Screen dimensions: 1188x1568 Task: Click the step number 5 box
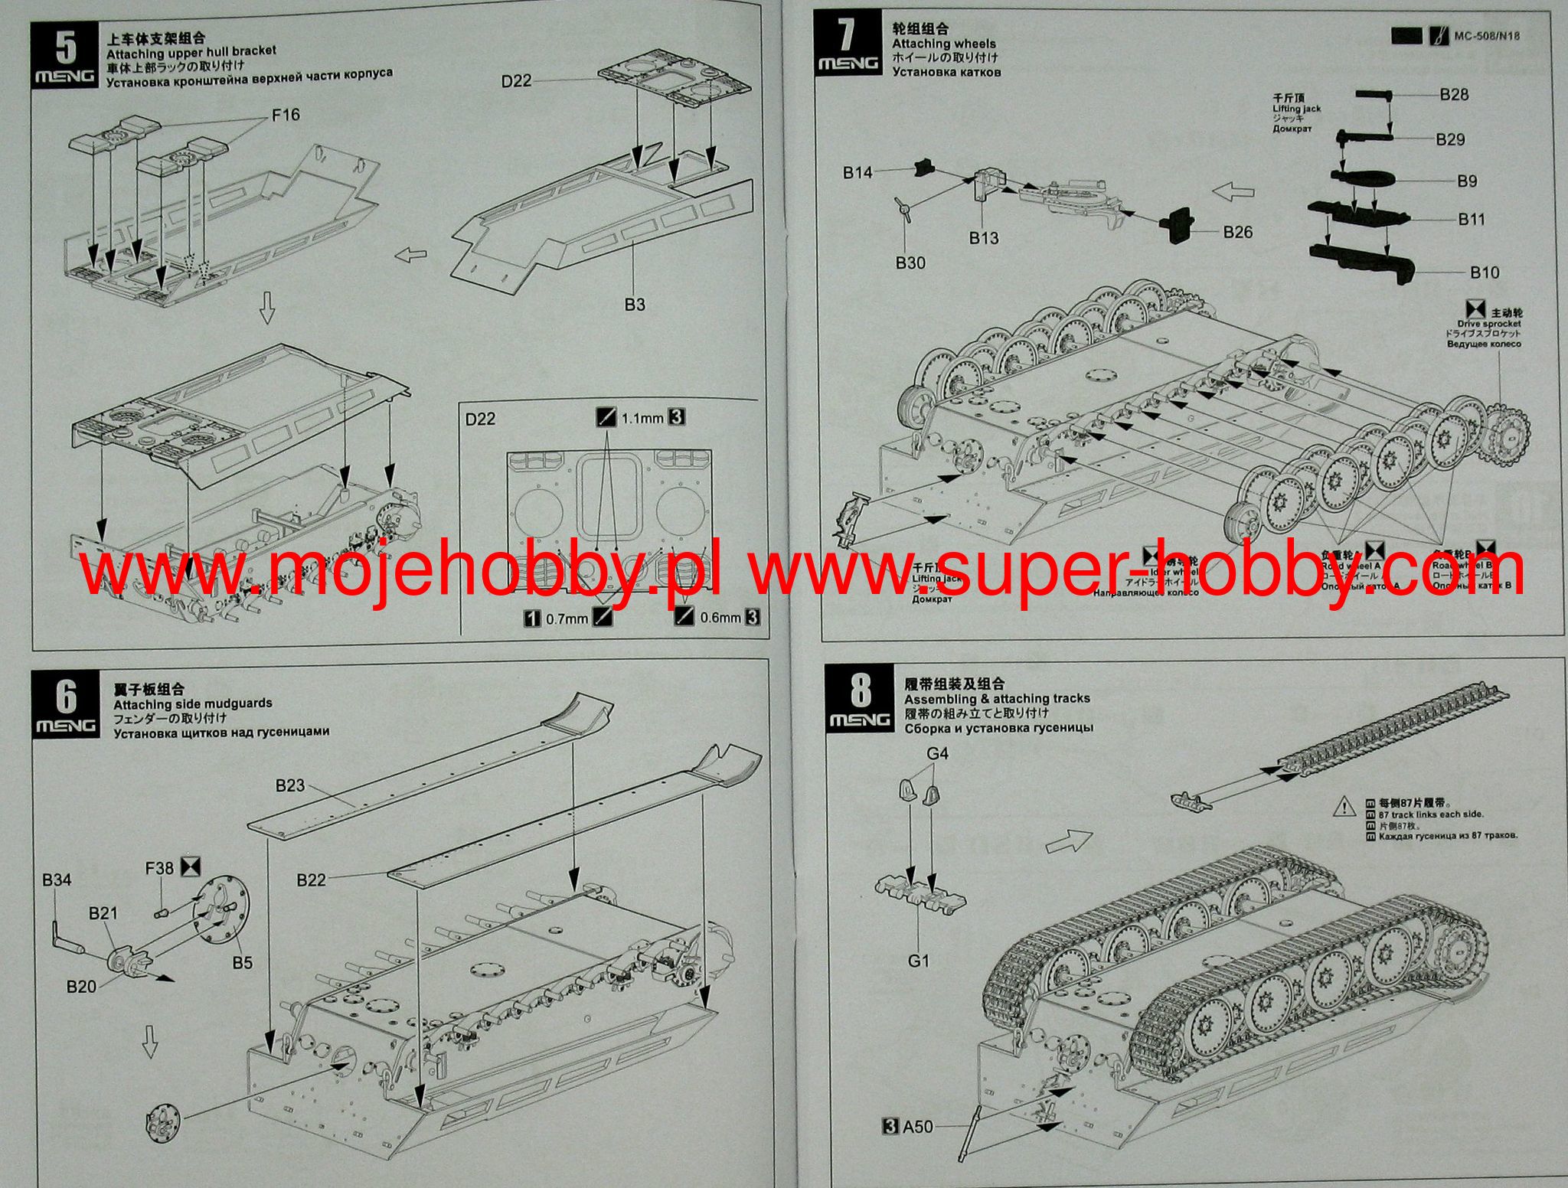point(65,55)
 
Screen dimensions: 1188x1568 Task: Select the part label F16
point(286,116)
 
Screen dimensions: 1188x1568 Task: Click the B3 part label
point(635,305)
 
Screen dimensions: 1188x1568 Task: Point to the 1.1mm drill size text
point(642,418)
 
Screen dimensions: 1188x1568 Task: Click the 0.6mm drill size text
point(720,617)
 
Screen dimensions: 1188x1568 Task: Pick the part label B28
point(1454,95)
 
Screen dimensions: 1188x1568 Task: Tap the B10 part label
point(1484,273)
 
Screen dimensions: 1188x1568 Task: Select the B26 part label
point(1237,232)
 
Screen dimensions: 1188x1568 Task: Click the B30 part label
point(910,263)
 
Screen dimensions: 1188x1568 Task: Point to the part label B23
point(290,785)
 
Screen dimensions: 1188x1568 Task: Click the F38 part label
point(160,868)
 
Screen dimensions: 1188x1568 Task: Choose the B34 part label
point(57,880)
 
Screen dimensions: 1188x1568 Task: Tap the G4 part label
point(937,753)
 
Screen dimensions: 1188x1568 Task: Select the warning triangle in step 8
point(1344,806)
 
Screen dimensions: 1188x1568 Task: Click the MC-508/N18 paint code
point(1487,36)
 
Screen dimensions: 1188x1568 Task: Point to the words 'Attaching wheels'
point(944,44)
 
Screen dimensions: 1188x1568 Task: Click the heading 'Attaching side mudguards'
point(192,703)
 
